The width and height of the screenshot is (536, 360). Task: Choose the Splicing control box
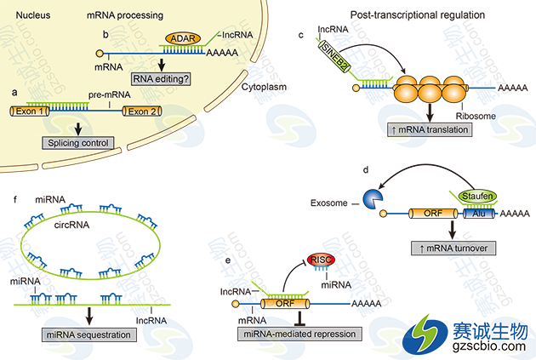78,144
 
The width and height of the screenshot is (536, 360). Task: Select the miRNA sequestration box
88,334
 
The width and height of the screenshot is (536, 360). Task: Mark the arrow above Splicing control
78,129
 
